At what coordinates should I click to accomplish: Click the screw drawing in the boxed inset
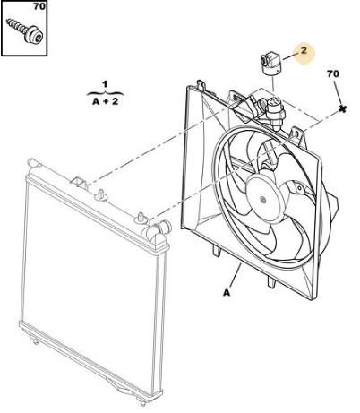(x=25, y=30)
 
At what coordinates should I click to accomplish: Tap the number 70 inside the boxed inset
(x=39, y=6)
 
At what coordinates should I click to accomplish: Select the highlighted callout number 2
(x=304, y=50)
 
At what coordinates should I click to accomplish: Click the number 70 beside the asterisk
(x=333, y=73)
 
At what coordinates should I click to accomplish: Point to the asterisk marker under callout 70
(x=343, y=109)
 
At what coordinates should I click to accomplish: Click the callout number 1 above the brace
(x=105, y=84)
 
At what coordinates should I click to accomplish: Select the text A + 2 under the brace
(x=106, y=101)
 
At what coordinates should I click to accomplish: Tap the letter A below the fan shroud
(x=227, y=293)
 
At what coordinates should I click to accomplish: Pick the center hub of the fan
(x=263, y=200)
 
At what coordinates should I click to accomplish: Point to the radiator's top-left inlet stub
(x=33, y=163)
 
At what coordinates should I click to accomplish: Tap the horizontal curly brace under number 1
(x=105, y=93)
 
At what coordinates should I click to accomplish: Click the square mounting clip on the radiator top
(x=79, y=183)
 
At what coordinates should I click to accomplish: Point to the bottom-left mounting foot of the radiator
(x=36, y=340)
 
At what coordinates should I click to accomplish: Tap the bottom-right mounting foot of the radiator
(x=142, y=400)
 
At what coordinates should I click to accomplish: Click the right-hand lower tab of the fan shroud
(x=271, y=281)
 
